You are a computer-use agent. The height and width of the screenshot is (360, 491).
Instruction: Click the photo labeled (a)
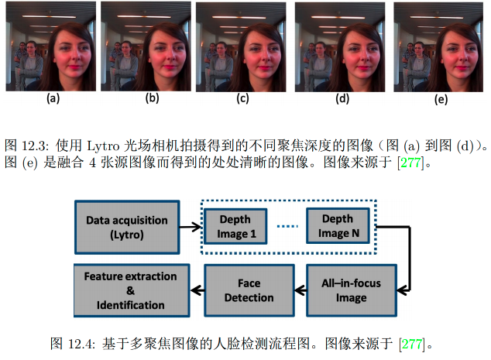point(51,46)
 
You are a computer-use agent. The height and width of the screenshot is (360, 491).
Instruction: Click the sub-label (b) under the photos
point(153,98)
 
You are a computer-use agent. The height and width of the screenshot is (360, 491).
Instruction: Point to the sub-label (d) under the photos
point(342,98)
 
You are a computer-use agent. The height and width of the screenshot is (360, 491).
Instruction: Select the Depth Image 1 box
point(235,227)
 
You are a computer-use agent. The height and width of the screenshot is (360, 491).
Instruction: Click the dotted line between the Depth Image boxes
point(287,227)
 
